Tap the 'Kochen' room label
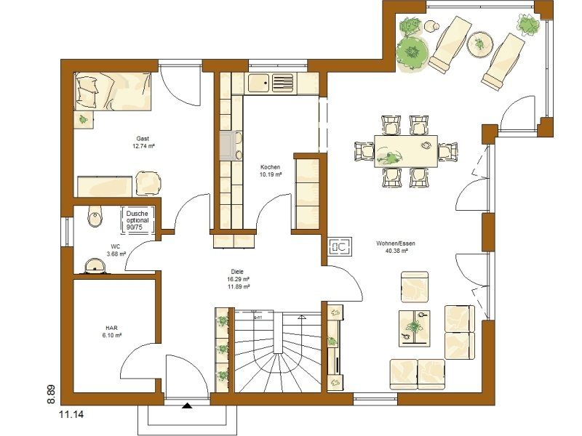[x=270, y=167]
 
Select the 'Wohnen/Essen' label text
[x=391, y=243]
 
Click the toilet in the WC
[x=94, y=215]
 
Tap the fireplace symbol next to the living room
[x=340, y=248]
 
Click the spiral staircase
[x=277, y=352]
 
